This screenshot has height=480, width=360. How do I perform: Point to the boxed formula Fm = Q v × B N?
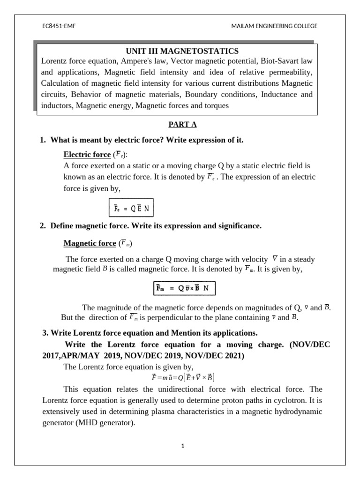pyautogui.click(x=185, y=288)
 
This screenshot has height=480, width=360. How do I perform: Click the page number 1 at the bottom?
pyautogui.click(x=183, y=446)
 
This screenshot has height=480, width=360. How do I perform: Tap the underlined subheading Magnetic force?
pyautogui.click(x=89, y=243)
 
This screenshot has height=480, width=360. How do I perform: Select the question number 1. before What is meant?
pyautogui.click(x=43, y=140)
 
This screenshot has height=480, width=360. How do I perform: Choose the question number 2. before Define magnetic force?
pyautogui.click(x=43, y=226)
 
